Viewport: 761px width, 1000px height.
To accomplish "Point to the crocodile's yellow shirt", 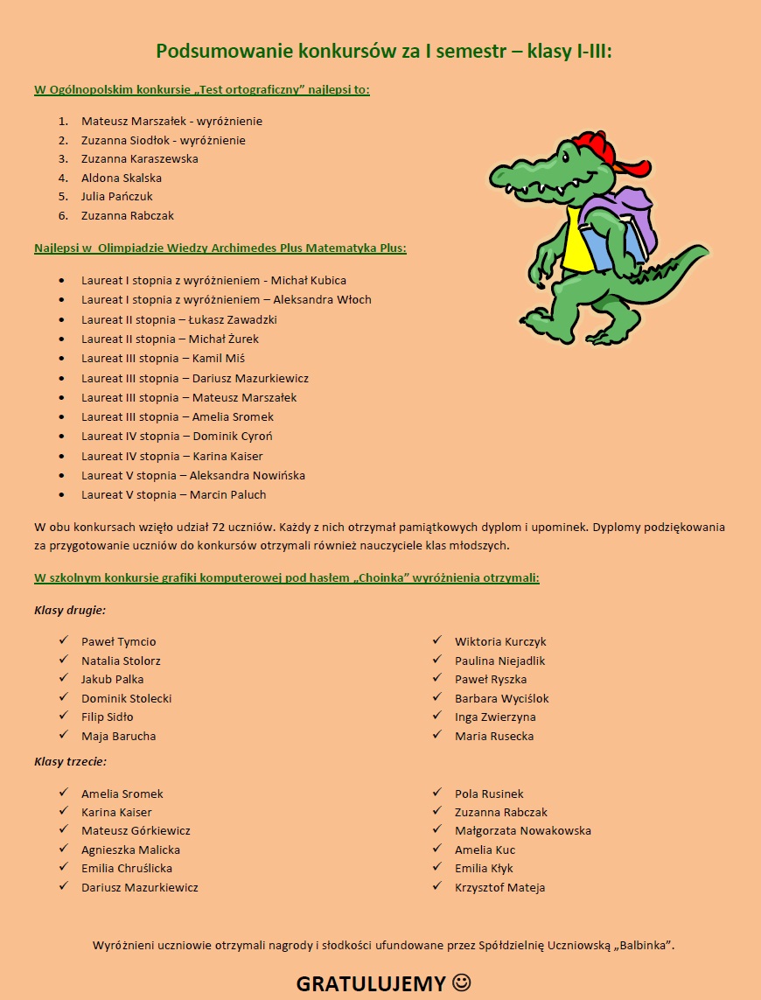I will click(576, 241).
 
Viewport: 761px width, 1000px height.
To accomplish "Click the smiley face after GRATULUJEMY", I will click(462, 983).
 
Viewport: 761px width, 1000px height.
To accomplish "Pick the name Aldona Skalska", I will click(122, 178).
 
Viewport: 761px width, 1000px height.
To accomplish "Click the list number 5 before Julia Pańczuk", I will click(63, 197).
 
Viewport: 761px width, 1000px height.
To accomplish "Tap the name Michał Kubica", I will click(309, 281).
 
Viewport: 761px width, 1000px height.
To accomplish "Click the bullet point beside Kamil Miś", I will click(61, 359).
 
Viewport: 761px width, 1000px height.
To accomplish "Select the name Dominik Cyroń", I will click(232, 436).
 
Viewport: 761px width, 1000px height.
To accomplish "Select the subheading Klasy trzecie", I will click(71, 761).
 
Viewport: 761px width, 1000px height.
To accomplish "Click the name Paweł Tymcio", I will click(119, 641).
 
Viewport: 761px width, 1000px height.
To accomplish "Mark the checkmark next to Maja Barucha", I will click(64, 735).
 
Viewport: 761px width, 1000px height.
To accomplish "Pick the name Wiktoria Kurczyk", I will click(500, 641).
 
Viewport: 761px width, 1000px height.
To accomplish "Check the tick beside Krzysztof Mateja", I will click(436, 886).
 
